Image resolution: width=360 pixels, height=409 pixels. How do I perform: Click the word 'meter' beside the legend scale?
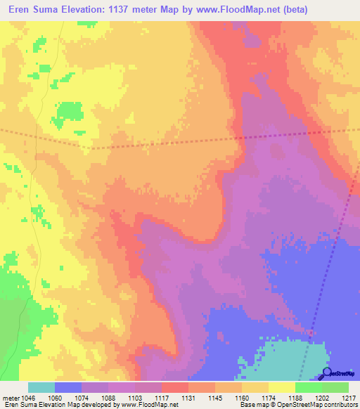tap(12, 397)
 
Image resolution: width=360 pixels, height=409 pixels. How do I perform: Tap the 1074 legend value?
tap(82, 397)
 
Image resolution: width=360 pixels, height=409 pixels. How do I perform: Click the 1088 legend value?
tap(109, 397)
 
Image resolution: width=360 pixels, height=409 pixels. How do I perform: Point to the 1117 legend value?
tap(162, 397)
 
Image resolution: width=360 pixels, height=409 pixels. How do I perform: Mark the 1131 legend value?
tap(189, 397)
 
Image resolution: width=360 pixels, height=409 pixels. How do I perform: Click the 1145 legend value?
tap(216, 397)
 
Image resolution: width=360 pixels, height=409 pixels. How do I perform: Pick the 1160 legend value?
tap(243, 397)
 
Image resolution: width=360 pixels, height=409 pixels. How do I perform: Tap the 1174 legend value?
tap(269, 397)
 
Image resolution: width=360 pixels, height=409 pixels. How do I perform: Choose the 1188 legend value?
tap(296, 397)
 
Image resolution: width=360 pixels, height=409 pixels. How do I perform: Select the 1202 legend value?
tap(323, 397)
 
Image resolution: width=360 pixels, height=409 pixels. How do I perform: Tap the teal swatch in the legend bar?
tap(41, 387)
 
